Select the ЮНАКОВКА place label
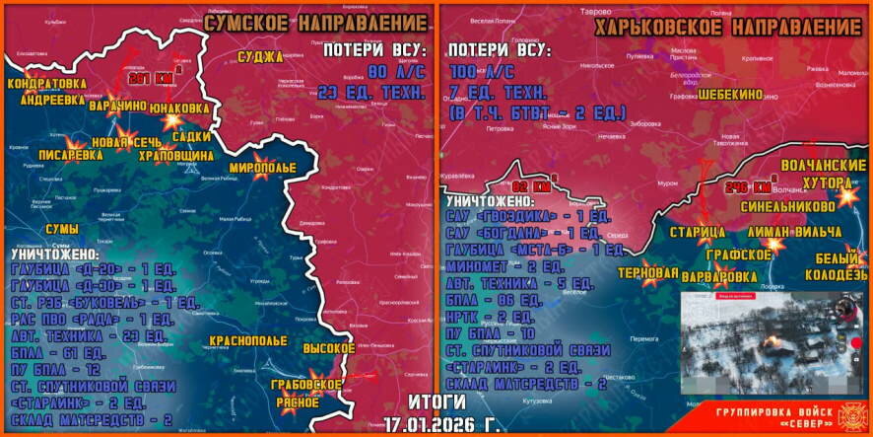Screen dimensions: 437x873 pyautogui.click(x=178, y=106)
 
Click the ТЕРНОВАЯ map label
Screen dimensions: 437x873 pyautogui.click(x=647, y=272)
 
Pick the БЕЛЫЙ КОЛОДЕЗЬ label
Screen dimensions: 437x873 pyautogui.click(x=836, y=266)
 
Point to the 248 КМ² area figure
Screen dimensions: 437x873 pyautogui.click(x=748, y=186)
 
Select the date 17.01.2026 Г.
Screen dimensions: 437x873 pyautogui.click(x=435, y=421)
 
